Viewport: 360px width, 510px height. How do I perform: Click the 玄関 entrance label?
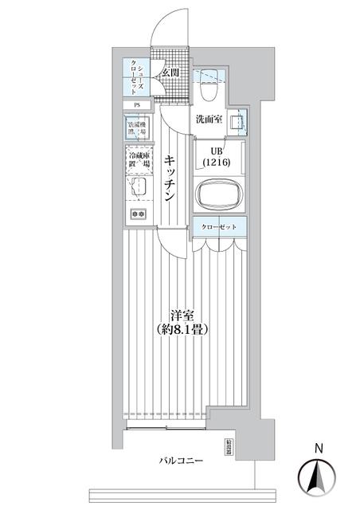coord(170,73)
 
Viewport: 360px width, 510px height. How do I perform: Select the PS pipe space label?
coord(136,104)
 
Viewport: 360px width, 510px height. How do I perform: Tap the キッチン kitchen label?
coord(171,178)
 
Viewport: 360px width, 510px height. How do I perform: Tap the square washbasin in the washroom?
coord(237,122)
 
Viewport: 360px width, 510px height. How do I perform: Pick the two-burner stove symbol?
coord(136,214)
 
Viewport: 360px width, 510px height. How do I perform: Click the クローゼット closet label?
coord(218,227)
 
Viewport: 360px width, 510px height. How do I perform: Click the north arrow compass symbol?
coord(316,477)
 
